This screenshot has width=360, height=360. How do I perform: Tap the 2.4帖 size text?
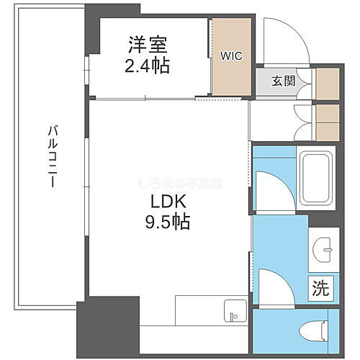149,66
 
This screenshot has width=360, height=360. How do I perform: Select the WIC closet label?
231,55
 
